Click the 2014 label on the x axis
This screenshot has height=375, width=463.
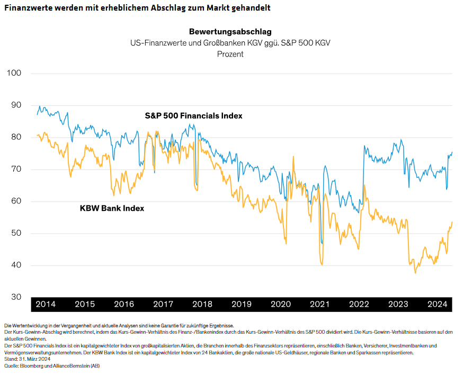(x=46, y=304)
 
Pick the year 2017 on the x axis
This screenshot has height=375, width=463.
(x=163, y=304)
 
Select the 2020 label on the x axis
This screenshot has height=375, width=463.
(x=281, y=304)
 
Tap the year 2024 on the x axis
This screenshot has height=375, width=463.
(x=438, y=304)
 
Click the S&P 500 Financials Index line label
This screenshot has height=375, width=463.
(x=193, y=115)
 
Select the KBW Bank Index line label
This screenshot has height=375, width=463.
(x=112, y=208)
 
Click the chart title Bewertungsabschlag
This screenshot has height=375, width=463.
(x=230, y=32)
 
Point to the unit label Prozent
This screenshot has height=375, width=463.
(x=230, y=53)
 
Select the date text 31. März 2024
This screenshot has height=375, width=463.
(x=34, y=359)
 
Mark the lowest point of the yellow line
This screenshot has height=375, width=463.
(x=415, y=273)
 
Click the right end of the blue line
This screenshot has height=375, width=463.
(x=452, y=153)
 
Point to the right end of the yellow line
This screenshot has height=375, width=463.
(x=452, y=222)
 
